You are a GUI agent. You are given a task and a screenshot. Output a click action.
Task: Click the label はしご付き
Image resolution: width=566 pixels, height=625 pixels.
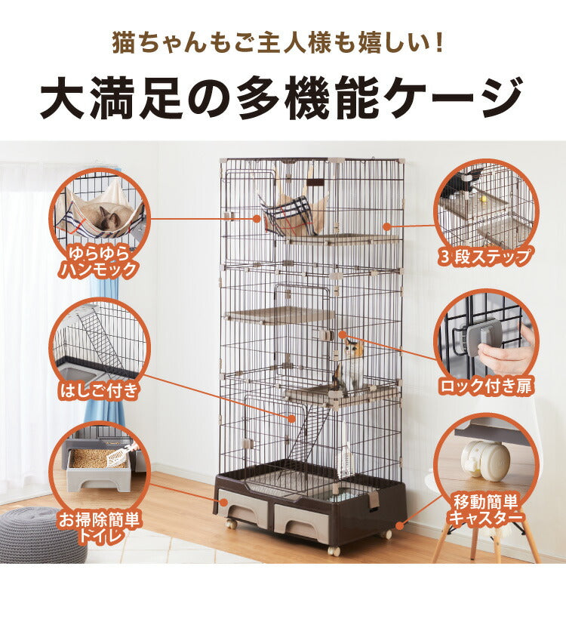[x=99, y=390]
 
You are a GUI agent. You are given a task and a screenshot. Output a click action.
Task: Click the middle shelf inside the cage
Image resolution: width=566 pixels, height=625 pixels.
[x=279, y=315]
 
